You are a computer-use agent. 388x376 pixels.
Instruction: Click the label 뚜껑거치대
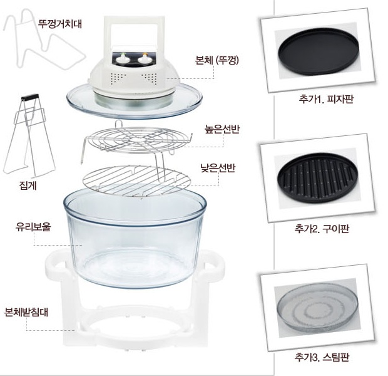tap(59, 24)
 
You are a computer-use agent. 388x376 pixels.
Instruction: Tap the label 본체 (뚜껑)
tap(217, 60)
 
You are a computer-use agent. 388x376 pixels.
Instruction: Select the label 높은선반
tap(222, 129)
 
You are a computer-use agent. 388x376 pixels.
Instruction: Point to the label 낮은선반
tap(218, 168)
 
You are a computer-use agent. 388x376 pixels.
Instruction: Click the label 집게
tap(28, 185)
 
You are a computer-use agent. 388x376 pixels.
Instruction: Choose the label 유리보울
tap(33, 227)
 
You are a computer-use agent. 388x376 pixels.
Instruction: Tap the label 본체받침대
tap(26, 312)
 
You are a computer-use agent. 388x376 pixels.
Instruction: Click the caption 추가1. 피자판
tap(326, 99)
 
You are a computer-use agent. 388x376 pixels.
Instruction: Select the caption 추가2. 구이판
tap(322, 228)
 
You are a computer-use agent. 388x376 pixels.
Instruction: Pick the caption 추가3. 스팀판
tap(322, 357)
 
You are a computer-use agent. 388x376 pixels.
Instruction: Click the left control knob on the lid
tap(121, 60)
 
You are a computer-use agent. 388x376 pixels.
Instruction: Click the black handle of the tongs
tap(29, 97)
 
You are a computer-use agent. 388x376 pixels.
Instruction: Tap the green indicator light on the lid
tap(121, 53)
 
